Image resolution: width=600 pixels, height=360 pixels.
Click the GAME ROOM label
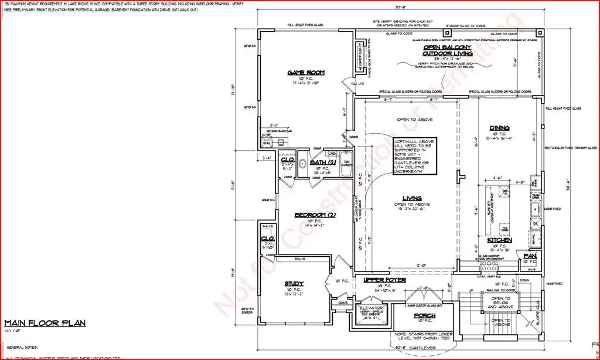pos(305,73)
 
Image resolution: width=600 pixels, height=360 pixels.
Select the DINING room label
pos(500,128)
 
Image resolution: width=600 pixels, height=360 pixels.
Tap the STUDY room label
pos(294,283)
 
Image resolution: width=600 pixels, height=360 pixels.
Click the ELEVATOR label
pos(371,308)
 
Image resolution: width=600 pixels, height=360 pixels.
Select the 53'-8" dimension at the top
pos(400,8)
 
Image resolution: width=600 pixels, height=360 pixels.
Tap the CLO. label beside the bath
pos(287,159)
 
